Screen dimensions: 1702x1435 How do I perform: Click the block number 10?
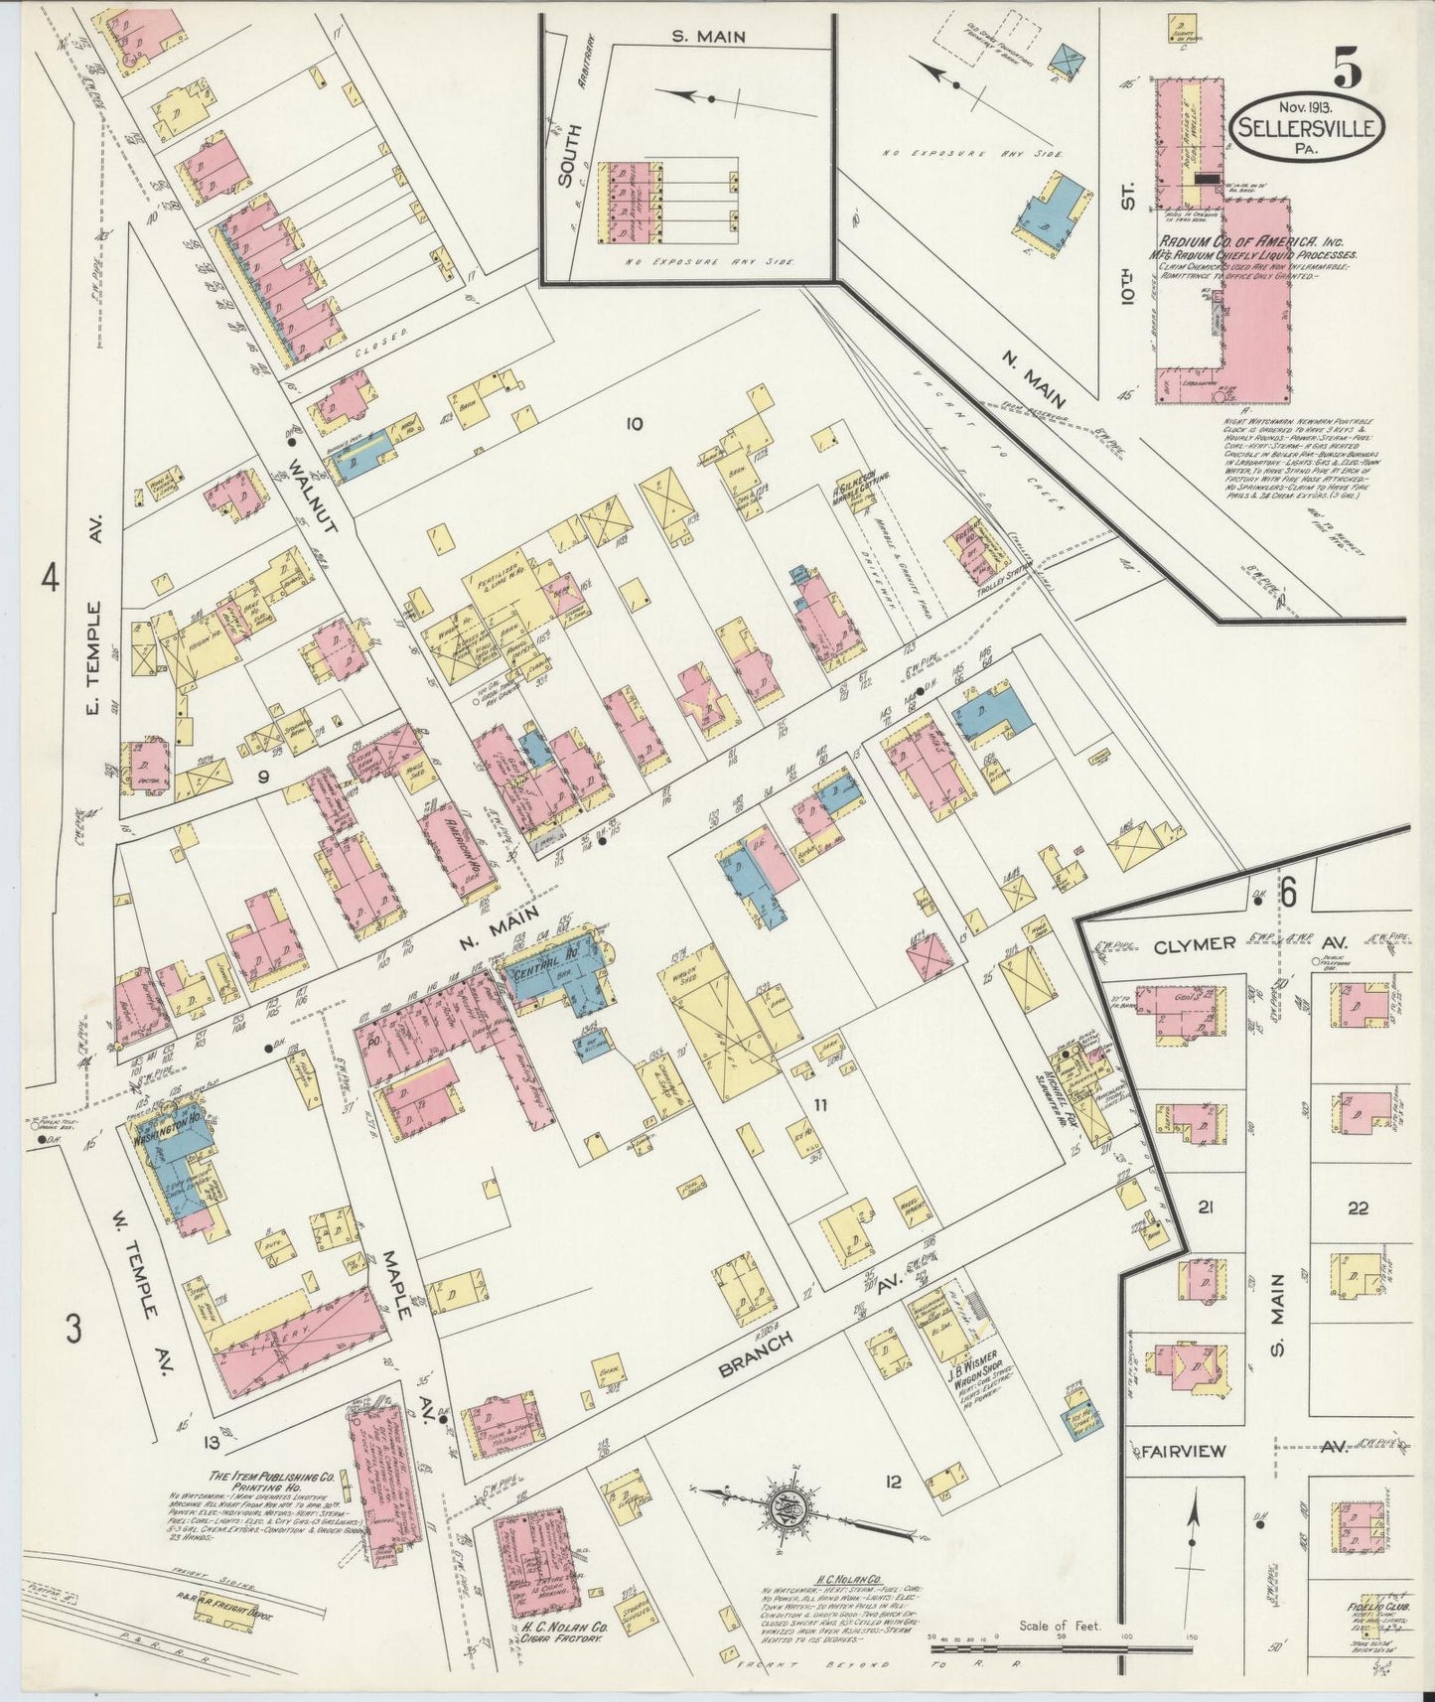(634, 424)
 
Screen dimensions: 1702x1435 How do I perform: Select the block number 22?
(1359, 1208)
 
